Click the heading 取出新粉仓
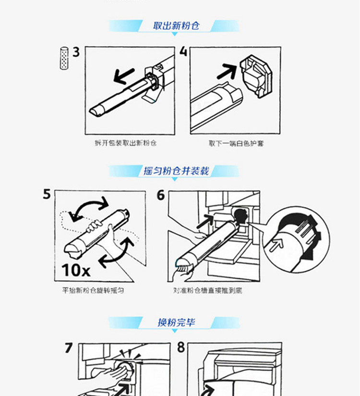[x=176, y=26]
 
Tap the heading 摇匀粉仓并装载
[x=176, y=171]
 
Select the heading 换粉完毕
[x=176, y=322]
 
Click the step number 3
[x=76, y=52]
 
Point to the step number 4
[x=183, y=51]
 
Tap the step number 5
[x=47, y=195]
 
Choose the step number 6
[x=161, y=195]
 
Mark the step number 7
[x=69, y=347]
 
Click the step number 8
[x=181, y=347]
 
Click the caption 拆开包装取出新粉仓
[x=126, y=143]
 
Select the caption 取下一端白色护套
[x=236, y=143]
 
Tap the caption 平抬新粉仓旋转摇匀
[x=93, y=290]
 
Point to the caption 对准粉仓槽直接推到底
[x=208, y=290]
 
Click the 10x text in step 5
[x=76, y=270]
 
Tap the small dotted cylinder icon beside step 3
[x=64, y=58]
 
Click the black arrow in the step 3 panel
[x=124, y=76]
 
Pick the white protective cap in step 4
[x=256, y=76]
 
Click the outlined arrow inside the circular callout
[x=277, y=245]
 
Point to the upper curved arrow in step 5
[x=89, y=202]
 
